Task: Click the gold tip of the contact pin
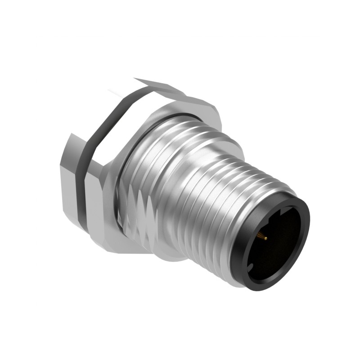pyautogui.click(x=266, y=238)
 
